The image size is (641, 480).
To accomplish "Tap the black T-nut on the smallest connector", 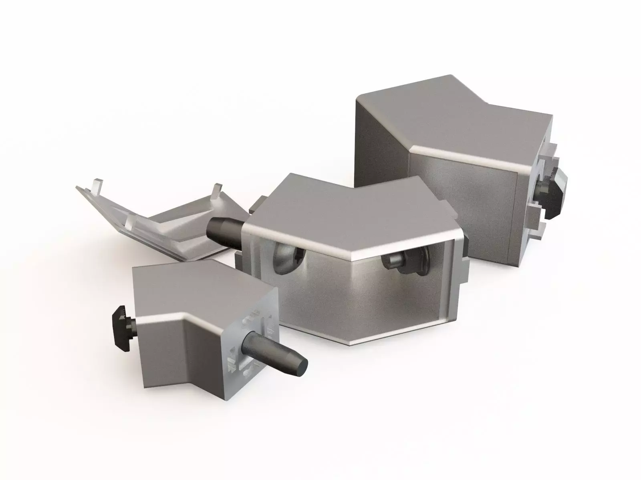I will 122,326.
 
